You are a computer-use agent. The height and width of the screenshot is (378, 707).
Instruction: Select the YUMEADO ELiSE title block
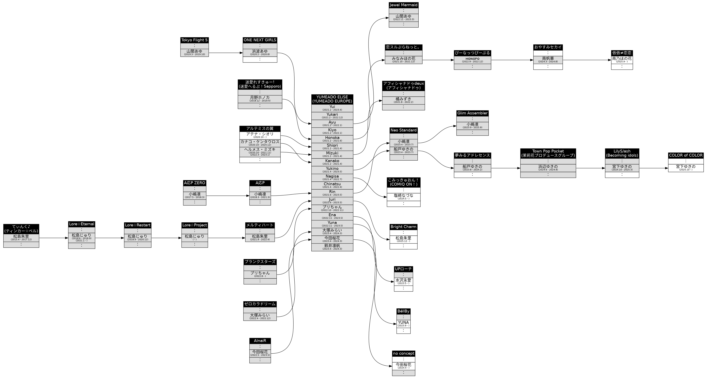[332, 99]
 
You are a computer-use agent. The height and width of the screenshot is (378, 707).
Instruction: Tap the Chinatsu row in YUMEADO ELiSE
[332, 185]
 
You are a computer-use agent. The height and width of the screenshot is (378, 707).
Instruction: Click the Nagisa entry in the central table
[332, 178]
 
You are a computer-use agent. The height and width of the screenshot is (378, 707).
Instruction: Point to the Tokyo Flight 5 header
[194, 40]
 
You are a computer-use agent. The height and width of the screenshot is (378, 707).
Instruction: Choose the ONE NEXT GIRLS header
[260, 40]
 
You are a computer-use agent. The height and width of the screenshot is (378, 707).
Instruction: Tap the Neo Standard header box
[403, 130]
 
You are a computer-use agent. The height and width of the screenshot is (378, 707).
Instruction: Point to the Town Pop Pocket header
[548, 153]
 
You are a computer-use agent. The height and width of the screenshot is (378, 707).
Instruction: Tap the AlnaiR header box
[260, 341]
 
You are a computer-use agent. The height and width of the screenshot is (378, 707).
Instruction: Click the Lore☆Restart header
[137, 225]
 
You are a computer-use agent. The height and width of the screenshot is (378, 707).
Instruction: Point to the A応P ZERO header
[194, 183]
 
